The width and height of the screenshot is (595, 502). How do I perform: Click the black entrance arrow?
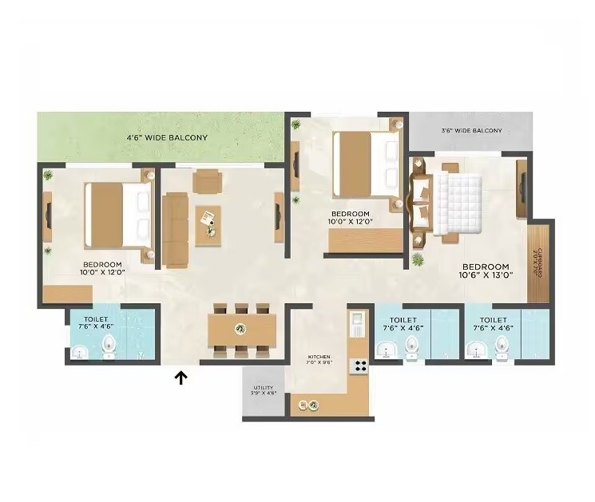[181, 377]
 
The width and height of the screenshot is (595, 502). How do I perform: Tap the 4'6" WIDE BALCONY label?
[167, 138]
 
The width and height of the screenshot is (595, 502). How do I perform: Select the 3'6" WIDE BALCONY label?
[471, 130]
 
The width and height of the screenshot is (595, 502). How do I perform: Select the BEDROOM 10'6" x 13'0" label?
[486, 271]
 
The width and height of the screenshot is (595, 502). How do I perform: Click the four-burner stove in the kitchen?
[359, 367]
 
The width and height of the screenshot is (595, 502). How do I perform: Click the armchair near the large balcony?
[208, 181]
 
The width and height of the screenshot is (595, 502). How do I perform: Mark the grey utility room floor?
[264, 403]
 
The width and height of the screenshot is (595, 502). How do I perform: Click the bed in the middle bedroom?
[364, 165]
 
